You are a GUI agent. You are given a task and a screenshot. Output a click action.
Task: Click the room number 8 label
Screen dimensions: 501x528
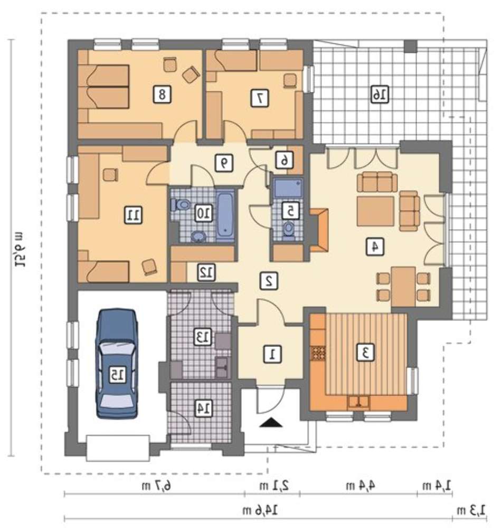tap(162, 94)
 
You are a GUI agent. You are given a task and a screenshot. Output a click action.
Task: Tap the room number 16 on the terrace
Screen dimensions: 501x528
tap(380, 94)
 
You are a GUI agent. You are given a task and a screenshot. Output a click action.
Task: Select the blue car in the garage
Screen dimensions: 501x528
tap(117, 364)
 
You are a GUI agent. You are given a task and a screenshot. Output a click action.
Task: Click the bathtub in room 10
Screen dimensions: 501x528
tap(225, 215)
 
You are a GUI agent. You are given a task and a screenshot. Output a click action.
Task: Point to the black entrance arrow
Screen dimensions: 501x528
tap(271, 422)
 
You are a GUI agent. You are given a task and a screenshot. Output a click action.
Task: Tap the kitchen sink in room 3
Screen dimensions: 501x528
tap(358, 402)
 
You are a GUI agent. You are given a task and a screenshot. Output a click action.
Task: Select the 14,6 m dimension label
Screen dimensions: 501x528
tap(260, 511)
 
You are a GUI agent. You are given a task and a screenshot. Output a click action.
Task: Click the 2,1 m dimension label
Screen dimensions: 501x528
tap(274, 486)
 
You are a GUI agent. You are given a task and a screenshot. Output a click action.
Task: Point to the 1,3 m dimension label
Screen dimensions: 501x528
tap(471, 510)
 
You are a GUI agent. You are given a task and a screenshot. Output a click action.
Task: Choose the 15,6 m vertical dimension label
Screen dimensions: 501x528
tap(19, 249)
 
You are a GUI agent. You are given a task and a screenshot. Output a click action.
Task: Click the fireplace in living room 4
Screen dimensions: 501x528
tap(318, 230)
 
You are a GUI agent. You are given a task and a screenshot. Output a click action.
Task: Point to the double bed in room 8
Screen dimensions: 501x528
tap(103, 87)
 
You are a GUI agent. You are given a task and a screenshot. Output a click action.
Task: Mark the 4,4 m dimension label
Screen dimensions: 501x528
tap(360, 486)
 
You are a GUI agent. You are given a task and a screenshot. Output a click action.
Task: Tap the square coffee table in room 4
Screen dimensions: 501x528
tap(375, 212)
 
